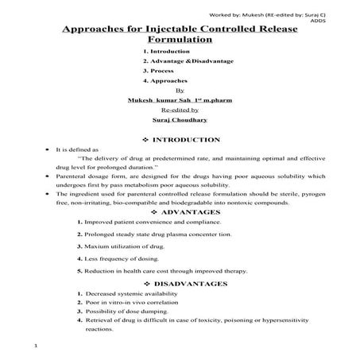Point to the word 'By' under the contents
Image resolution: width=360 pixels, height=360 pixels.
coord(179,91)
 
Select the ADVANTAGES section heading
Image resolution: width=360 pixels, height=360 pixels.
coord(191,213)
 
